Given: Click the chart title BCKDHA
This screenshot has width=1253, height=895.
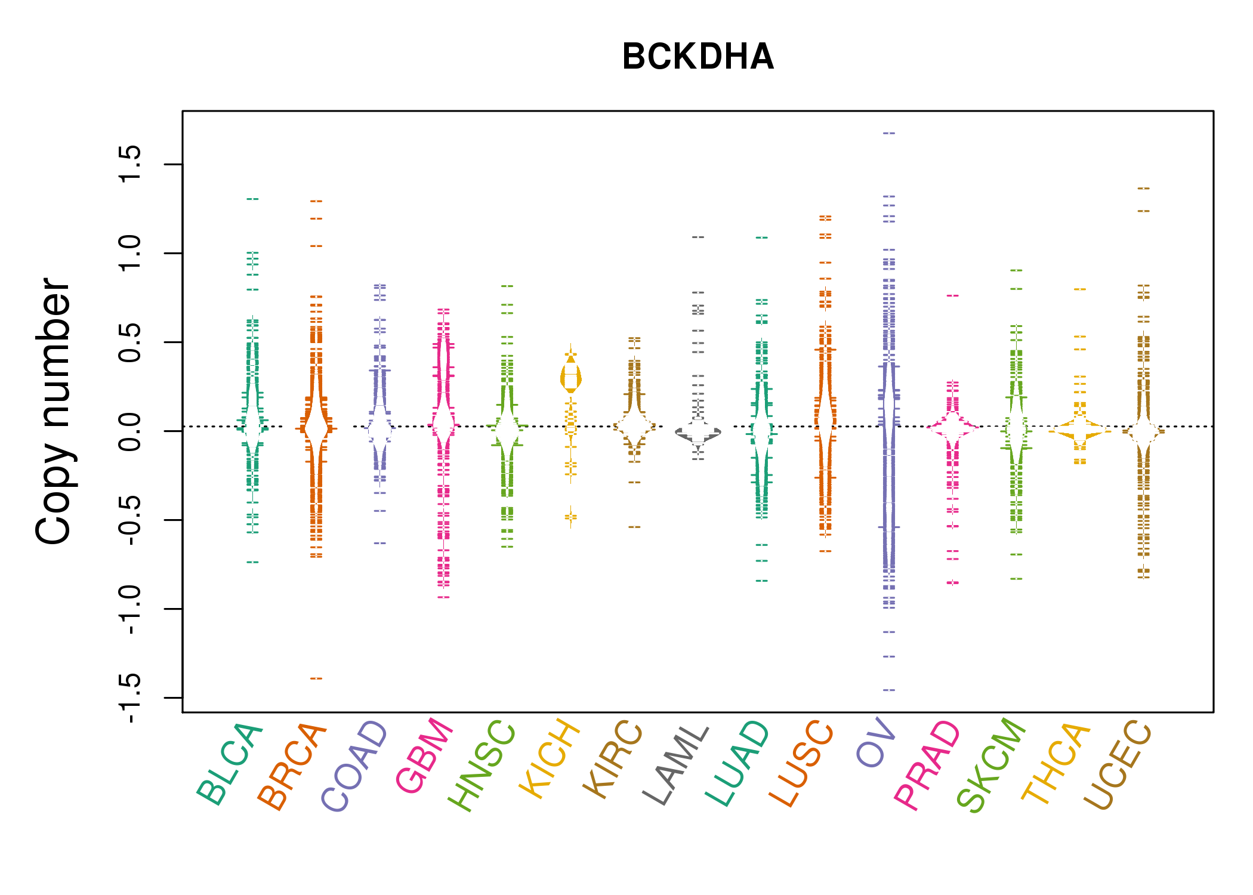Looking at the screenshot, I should click(x=698, y=57).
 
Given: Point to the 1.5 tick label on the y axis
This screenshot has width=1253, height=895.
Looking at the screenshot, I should click(x=129, y=164).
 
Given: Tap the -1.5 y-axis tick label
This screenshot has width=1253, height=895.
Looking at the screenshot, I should click(x=129, y=698).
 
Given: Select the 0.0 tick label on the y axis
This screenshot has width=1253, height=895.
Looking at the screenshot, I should click(x=129, y=431).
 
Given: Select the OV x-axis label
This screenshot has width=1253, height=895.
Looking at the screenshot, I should click(x=877, y=743).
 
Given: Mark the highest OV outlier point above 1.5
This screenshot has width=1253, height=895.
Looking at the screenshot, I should click(x=889, y=133).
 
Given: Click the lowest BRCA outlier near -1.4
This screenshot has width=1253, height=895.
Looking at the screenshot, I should click(x=316, y=678).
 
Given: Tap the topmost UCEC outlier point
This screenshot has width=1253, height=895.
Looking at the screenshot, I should click(x=1143, y=189).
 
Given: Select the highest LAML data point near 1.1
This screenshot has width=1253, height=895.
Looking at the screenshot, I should click(x=698, y=237).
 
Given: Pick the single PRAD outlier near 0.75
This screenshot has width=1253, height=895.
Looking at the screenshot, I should click(x=953, y=295).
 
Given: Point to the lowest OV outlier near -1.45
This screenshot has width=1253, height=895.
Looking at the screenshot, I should click(x=889, y=690).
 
